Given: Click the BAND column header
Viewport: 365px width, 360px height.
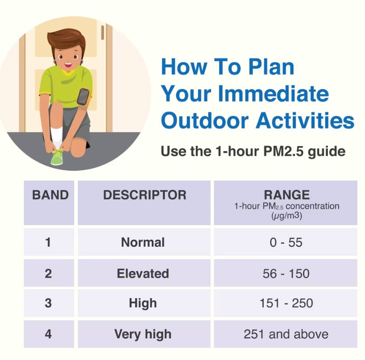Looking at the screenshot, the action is point(50,195).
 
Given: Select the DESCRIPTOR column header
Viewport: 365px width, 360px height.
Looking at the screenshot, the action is point(144,195).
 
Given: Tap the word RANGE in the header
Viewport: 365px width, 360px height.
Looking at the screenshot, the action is point(287,195).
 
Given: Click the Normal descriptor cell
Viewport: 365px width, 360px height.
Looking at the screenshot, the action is point(143,242).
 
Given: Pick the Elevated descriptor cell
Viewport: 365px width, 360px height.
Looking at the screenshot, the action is point(143,273).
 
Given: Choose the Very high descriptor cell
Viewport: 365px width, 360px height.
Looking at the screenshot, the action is point(143,334).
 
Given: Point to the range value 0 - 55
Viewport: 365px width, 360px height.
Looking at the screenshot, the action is point(286,242).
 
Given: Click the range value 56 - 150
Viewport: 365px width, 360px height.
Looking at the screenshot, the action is point(286,274).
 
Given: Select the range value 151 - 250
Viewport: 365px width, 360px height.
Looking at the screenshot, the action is point(286,303).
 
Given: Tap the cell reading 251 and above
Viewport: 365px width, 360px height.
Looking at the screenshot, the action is point(286,334).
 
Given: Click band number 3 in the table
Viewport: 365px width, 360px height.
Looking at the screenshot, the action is point(48,303).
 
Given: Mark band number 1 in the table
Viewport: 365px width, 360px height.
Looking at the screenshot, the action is point(48,242).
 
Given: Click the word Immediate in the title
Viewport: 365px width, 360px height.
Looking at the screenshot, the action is point(273,93).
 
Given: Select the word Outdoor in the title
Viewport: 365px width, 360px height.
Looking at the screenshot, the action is point(205,121).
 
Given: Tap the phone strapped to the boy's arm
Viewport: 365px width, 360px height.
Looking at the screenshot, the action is point(83,97).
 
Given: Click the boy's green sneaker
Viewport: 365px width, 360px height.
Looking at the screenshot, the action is point(57,157).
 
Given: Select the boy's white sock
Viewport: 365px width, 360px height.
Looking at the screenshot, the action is point(56,137).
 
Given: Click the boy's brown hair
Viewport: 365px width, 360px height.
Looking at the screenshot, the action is point(66,40).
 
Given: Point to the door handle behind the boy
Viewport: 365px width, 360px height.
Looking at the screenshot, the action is point(102,32).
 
